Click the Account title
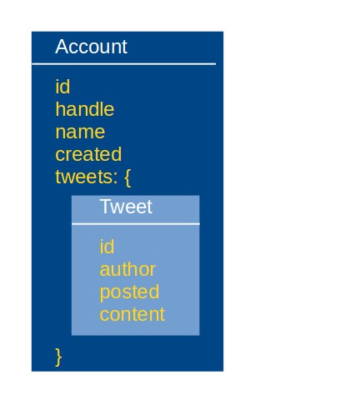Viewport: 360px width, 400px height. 91,47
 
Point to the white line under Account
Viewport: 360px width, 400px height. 124,64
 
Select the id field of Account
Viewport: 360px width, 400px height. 62,87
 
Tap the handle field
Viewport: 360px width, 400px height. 85,109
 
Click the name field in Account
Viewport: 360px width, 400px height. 80,132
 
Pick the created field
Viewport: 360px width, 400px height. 88,154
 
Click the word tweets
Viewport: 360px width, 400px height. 83,177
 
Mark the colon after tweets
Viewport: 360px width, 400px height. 115,178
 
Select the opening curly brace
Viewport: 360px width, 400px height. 127,177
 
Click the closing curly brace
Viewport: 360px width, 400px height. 58,357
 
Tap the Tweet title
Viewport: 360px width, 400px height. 126,207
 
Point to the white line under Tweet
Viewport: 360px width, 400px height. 136,223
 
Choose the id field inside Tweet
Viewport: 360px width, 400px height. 107,247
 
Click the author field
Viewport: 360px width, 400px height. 127,269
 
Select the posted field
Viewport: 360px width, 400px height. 129,292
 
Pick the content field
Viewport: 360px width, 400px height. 132,315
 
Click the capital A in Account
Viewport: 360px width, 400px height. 62,47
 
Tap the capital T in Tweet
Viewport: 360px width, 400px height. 106,207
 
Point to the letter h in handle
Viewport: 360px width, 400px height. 61,109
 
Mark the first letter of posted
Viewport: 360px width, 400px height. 104,294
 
